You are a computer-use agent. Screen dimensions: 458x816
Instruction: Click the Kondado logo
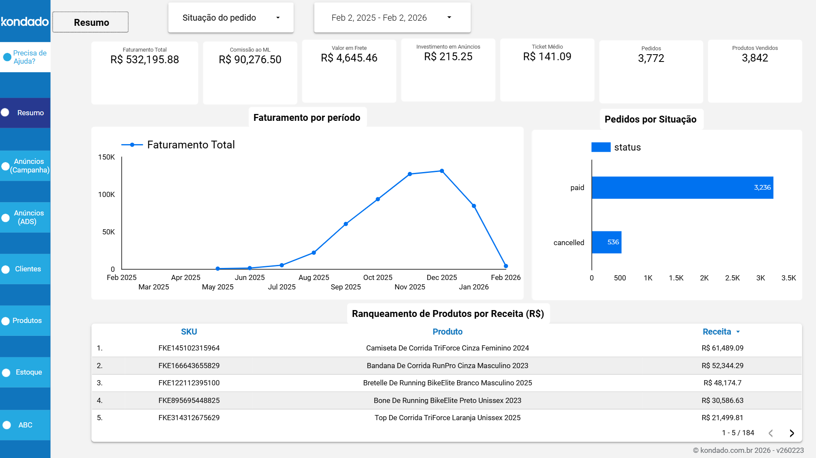(x=25, y=22)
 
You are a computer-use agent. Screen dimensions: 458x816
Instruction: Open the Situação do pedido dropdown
(x=231, y=18)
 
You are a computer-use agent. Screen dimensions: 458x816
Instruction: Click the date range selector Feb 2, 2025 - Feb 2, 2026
(x=392, y=18)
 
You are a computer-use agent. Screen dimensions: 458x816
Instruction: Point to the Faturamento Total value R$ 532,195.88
(x=145, y=60)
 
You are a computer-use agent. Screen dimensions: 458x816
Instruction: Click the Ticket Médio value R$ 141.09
(x=547, y=57)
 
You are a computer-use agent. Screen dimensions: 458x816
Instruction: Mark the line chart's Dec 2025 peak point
(x=442, y=171)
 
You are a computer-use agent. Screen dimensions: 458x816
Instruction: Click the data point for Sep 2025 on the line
(x=346, y=224)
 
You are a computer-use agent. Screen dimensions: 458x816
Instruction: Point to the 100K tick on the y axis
(x=106, y=195)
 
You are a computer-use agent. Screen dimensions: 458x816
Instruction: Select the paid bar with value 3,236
(x=682, y=188)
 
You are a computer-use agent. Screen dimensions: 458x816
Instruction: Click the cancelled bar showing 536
(x=606, y=242)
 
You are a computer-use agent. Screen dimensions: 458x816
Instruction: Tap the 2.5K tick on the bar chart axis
(x=732, y=278)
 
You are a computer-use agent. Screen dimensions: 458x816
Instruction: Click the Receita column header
(x=717, y=332)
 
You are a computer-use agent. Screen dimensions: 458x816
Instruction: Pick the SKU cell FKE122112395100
(x=189, y=383)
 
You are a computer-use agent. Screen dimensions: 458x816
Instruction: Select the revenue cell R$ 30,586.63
(x=722, y=401)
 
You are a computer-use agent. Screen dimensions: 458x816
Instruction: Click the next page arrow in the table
(x=791, y=433)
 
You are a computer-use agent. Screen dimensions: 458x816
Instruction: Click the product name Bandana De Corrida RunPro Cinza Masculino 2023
(x=447, y=366)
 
